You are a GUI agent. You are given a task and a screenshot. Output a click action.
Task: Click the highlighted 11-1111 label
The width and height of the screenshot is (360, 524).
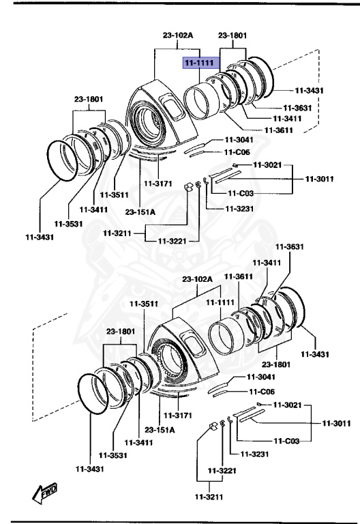click(198, 63)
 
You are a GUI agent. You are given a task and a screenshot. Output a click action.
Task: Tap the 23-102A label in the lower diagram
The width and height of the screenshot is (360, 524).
click(197, 279)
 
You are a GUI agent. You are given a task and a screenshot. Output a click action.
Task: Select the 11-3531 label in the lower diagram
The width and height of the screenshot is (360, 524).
click(113, 456)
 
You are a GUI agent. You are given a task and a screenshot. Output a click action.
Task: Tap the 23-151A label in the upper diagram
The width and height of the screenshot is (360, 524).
click(140, 212)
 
